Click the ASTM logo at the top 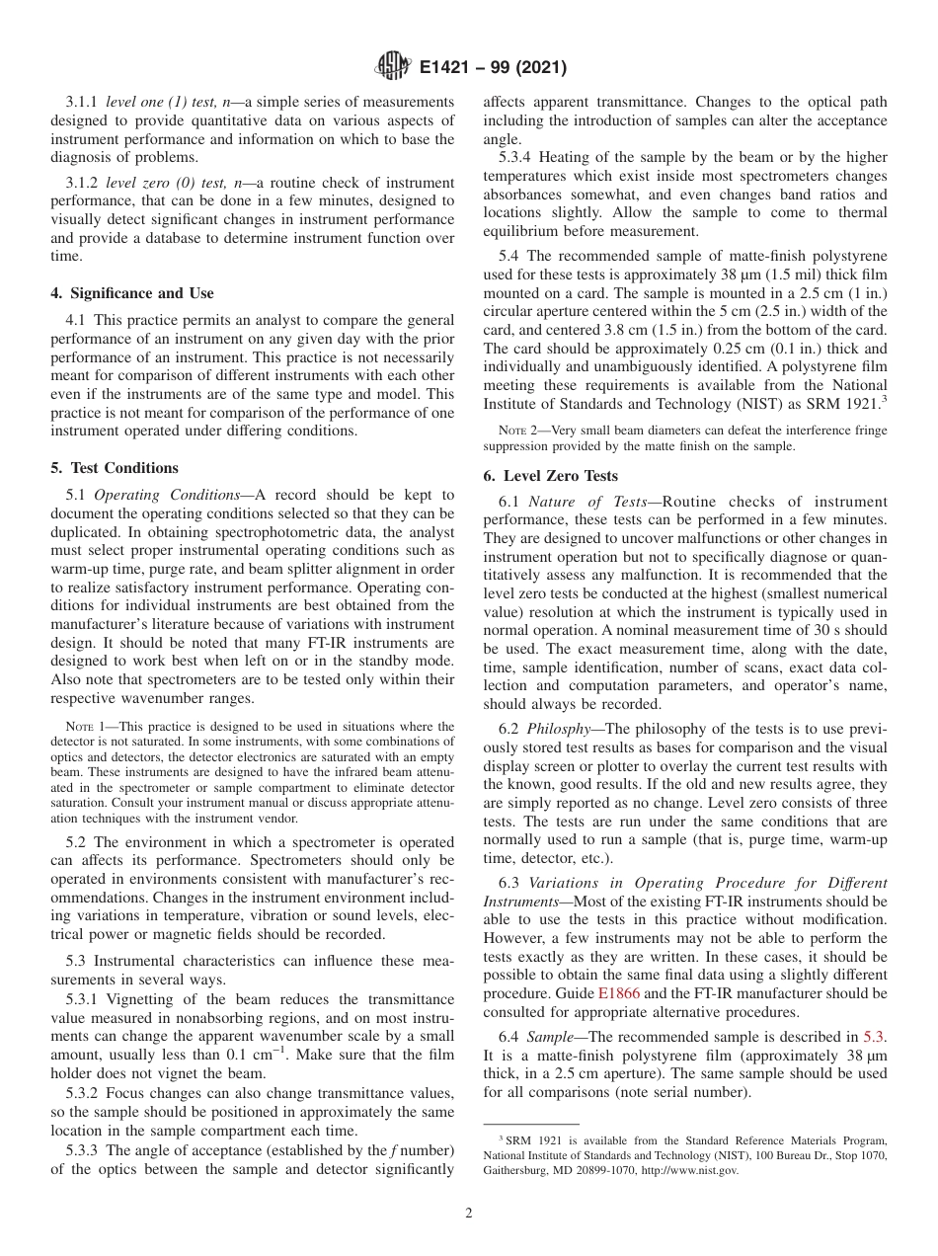(393, 68)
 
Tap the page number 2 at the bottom (469, 1214)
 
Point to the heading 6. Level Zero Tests (550, 475)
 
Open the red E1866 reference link (619, 993)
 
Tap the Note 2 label (519, 430)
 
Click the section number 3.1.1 (84, 102)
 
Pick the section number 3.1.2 (84, 183)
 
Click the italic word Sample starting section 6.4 (549, 1037)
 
